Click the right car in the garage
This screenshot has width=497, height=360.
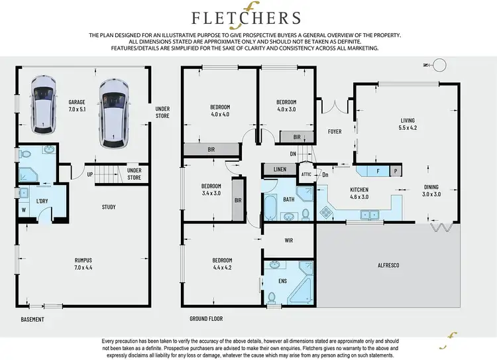[x=113, y=113]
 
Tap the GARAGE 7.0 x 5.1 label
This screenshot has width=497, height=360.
[x=76, y=105]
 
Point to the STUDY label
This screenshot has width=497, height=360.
[x=109, y=207]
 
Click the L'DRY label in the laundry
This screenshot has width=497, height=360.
[x=42, y=201]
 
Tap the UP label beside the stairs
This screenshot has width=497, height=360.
[x=89, y=174]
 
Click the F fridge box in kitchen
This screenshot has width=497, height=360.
[x=378, y=171]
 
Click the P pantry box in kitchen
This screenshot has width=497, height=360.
[x=396, y=171]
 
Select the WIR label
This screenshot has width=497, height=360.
[x=288, y=241]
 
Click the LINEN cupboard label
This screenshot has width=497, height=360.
[x=280, y=170]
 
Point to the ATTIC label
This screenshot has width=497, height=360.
[x=306, y=175]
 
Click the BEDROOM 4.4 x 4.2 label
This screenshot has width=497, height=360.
[x=221, y=264]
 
